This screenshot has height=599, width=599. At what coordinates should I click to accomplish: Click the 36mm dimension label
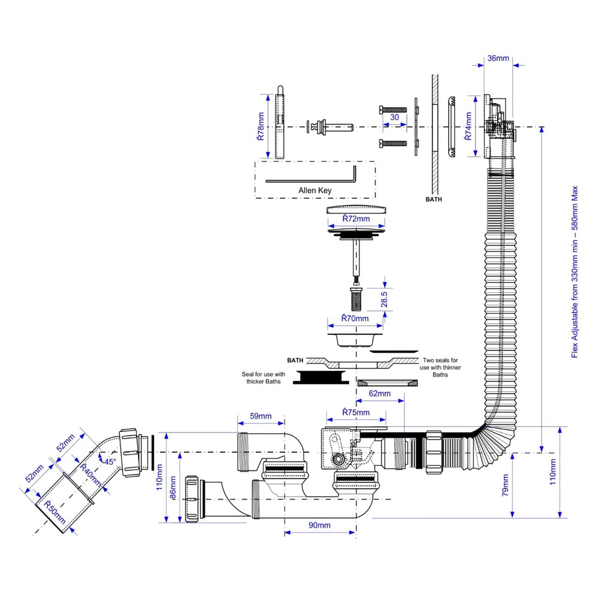(498, 58)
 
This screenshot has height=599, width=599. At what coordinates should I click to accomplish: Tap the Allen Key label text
(315, 190)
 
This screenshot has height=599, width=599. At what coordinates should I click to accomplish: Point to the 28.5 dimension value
(385, 299)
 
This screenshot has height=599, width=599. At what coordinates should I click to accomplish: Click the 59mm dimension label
(261, 416)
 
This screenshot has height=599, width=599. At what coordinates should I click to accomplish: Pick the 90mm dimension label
(319, 525)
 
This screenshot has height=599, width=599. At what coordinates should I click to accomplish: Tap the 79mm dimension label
(505, 485)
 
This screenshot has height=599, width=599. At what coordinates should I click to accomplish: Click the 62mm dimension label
(380, 394)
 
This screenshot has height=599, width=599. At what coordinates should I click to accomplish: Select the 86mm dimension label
(173, 488)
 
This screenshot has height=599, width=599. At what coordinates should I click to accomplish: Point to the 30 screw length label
(395, 117)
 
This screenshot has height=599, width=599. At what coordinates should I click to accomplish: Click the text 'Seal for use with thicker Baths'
(263, 378)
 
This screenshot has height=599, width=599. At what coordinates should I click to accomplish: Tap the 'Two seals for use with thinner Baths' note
(440, 368)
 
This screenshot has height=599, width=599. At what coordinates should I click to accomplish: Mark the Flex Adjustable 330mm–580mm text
(574, 272)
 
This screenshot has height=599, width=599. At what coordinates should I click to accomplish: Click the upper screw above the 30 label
(393, 109)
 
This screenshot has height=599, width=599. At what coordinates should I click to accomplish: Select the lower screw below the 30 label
(393, 143)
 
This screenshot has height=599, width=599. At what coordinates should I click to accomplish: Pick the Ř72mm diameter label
(356, 219)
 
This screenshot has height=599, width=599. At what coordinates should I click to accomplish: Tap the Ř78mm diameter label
(261, 126)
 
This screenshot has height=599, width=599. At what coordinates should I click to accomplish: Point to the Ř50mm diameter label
(55, 512)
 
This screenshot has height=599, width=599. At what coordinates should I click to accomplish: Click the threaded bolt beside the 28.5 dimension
(356, 299)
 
